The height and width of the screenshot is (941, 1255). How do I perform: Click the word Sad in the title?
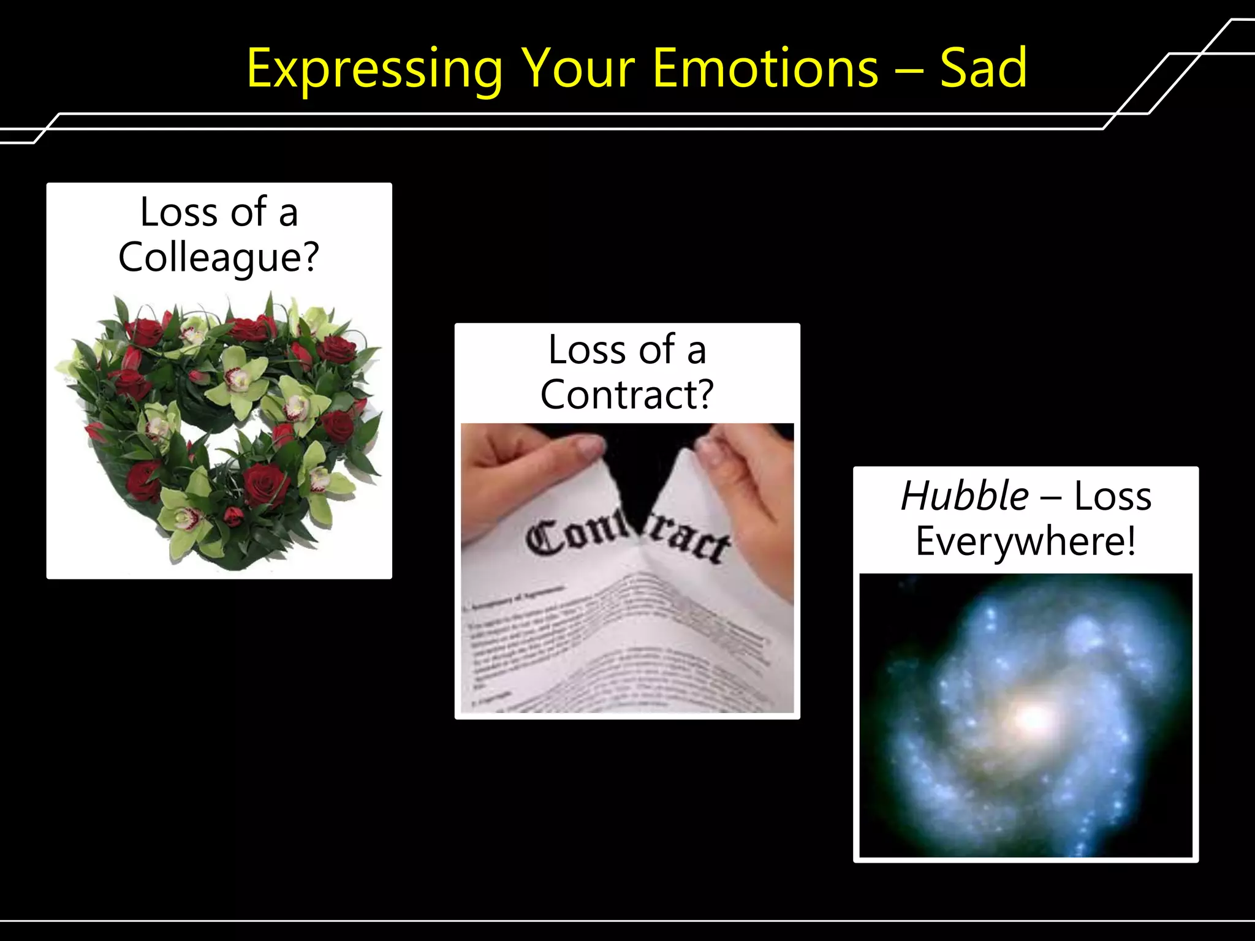point(983,69)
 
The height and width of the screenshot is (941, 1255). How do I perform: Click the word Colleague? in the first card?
point(219,257)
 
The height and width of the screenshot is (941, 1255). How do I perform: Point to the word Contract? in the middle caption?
point(627,395)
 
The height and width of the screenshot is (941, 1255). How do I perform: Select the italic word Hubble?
point(965,496)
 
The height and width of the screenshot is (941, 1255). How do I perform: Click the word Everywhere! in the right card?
point(1026,542)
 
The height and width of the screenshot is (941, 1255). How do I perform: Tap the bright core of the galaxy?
point(1034,717)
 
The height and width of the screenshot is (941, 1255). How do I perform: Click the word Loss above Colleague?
point(178,213)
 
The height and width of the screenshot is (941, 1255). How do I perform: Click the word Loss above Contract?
point(586,350)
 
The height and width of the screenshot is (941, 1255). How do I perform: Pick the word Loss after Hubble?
point(1112,496)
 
